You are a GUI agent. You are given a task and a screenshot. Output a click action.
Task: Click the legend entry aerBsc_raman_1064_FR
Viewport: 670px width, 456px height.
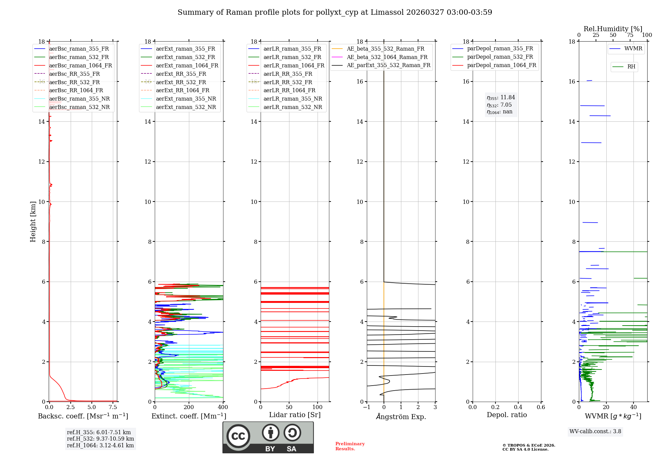click(80, 66)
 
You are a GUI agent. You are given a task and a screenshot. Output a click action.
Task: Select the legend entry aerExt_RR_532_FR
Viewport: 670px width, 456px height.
click(181, 82)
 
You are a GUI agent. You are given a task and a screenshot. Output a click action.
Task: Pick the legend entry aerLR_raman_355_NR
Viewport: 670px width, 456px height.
click(292, 99)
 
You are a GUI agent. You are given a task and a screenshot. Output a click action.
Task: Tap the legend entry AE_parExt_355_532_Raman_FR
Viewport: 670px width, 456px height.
click(388, 65)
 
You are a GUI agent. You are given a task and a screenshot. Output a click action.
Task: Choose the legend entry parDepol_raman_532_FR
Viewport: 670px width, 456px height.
click(500, 57)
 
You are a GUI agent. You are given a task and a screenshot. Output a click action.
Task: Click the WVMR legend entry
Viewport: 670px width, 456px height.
click(633, 49)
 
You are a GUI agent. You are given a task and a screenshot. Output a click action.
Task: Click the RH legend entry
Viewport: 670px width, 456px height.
click(631, 67)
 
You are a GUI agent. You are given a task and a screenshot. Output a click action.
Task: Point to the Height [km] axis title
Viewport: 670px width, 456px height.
click(33, 222)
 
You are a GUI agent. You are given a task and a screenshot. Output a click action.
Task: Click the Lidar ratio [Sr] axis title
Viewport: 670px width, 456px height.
click(295, 415)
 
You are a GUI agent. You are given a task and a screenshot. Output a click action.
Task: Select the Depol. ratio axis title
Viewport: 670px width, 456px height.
click(507, 415)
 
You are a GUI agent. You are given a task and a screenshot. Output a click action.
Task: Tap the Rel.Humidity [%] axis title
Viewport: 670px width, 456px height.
click(613, 29)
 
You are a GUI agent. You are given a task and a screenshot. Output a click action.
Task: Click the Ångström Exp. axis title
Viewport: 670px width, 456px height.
click(401, 417)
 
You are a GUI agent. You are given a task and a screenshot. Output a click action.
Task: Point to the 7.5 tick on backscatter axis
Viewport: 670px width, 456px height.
click(113, 407)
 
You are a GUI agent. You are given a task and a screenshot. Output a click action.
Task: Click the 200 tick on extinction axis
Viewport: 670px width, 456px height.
click(189, 407)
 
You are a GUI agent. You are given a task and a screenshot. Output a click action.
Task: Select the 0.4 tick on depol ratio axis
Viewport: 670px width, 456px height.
click(518, 407)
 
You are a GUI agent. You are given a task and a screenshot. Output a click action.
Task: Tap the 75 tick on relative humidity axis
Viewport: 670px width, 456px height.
click(630, 35)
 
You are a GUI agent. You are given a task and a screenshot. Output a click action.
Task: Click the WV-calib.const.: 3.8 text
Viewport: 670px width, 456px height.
click(595, 432)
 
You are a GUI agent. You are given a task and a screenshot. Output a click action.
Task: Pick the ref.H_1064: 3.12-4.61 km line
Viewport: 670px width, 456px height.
click(100, 446)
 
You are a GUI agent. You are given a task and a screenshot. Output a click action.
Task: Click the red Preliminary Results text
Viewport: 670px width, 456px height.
click(350, 446)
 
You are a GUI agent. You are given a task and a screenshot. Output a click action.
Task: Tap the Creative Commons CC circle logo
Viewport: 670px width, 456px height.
click(238, 436)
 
